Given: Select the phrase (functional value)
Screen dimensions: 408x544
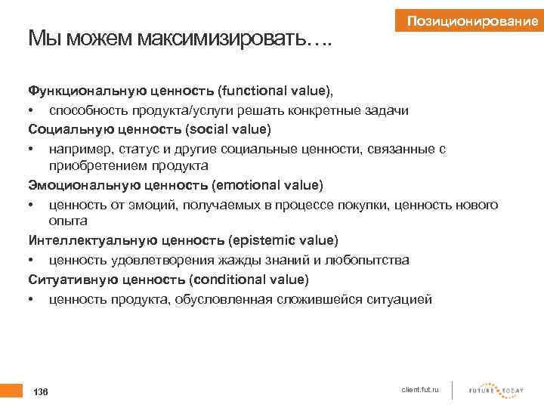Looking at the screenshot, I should point(275,91).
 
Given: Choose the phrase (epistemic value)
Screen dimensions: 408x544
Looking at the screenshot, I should point(283,240).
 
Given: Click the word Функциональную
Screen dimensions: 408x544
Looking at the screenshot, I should point(83,91).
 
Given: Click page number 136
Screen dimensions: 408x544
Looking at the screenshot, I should point(41,392).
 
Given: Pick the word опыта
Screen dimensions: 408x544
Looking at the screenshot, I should point(68,221).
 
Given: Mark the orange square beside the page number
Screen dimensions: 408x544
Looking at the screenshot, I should point(11,391).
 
